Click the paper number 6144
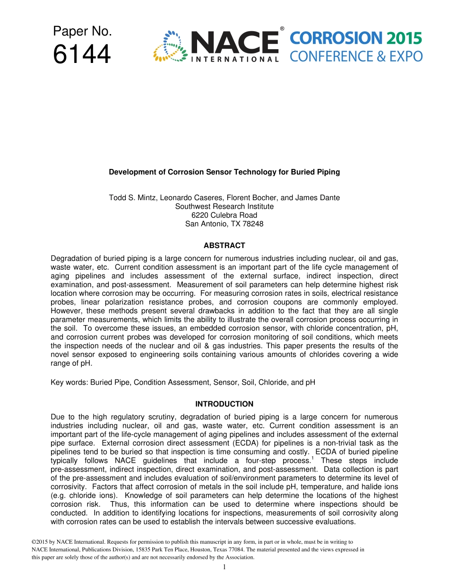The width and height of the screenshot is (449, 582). (82, 54)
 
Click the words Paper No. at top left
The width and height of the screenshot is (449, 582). (82, 32)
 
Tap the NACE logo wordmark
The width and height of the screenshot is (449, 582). (235, 43)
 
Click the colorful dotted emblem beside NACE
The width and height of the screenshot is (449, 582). (169, 46)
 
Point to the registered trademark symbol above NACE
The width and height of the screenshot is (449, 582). (282, 29)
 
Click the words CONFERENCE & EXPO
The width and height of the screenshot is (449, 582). (356, 57)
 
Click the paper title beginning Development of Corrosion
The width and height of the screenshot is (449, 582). (224, 172)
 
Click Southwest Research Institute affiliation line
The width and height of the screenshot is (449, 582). (224, 206)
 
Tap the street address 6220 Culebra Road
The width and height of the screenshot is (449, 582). (224, 215)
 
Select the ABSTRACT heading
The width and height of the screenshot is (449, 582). (224, 246)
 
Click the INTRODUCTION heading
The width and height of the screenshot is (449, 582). (224, 404)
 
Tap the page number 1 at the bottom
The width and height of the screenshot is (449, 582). (224, 567)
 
